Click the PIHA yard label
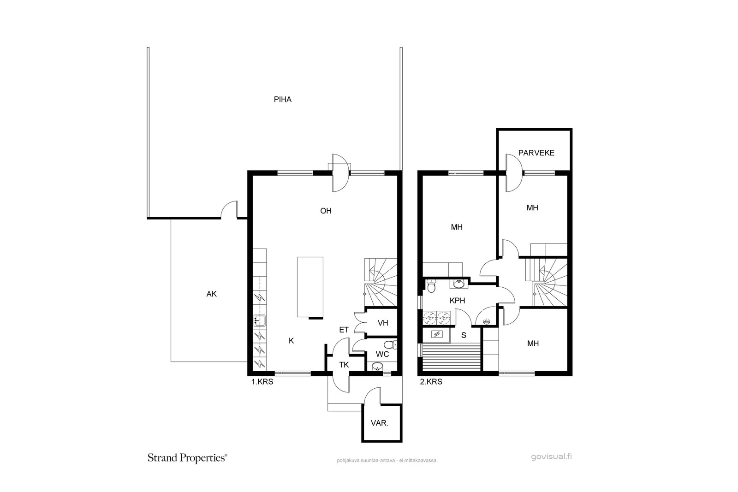283,100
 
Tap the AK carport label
212,294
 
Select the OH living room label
326,211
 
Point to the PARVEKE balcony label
536,153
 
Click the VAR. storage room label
380,423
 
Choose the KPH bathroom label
457,301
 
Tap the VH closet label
383,323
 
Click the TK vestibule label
344,365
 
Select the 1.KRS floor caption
262,382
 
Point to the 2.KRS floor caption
431,382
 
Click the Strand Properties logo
187,458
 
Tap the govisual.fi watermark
551,457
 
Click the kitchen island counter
310,287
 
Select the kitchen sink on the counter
260,320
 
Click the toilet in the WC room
392,345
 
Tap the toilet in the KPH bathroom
431,286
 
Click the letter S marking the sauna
464,336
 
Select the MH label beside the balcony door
532,208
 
